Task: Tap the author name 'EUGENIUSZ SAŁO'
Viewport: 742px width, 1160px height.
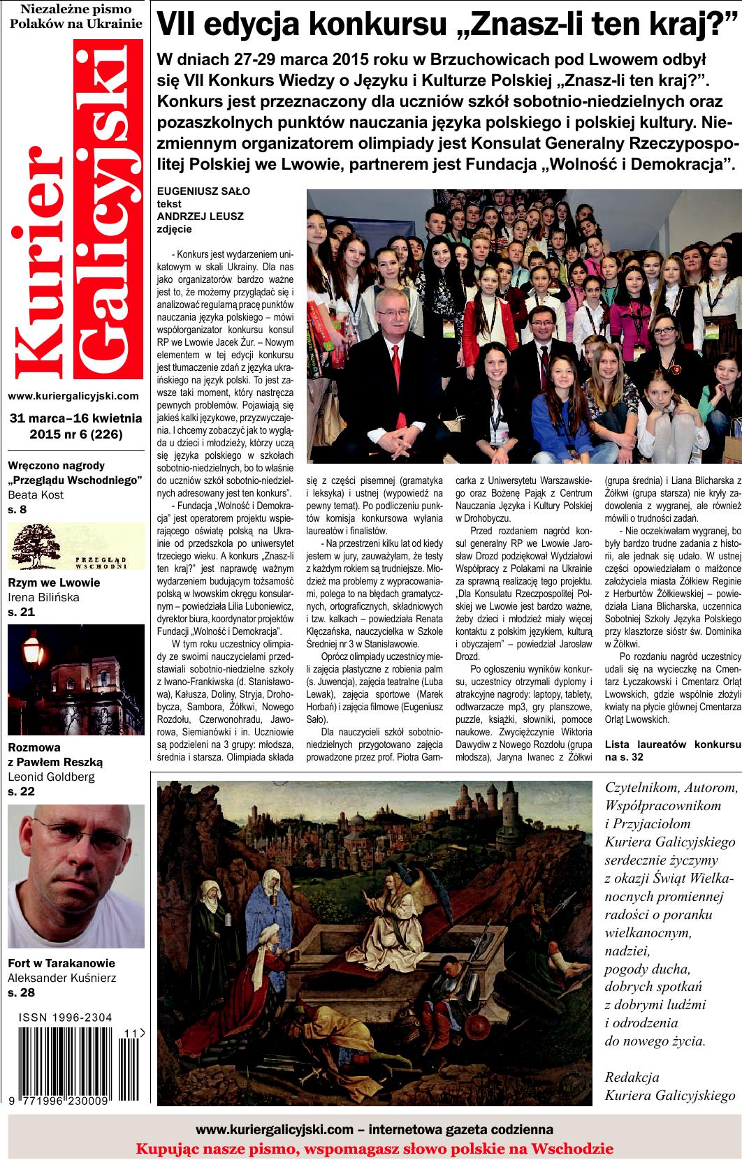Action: (x=203, y=191)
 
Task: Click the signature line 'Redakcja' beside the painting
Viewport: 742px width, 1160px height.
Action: (x=632, y=1076)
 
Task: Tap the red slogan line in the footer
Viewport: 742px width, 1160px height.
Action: (x=374, y=1148)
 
